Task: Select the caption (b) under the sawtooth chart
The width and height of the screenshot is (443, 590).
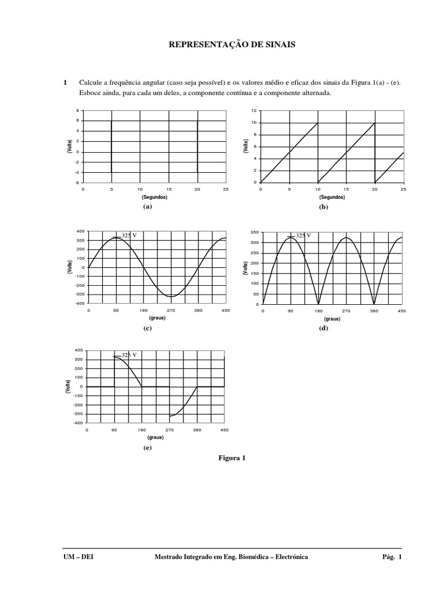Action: click(x=323, y=206)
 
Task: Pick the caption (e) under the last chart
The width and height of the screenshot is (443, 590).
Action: click(x=147, y=447)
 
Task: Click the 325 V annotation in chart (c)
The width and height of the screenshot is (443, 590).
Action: click(x=129, y=235)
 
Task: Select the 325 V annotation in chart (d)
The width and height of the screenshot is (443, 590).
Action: click(x=303, y=235)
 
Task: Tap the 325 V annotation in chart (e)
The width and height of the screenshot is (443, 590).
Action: click(x=129, y=355)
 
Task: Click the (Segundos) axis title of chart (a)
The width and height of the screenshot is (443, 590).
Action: click(x=155, y=196)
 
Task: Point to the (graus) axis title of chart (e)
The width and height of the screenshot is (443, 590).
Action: click(x=155, y=437)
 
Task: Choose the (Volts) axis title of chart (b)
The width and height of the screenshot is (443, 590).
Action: click(x=246, y=146)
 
